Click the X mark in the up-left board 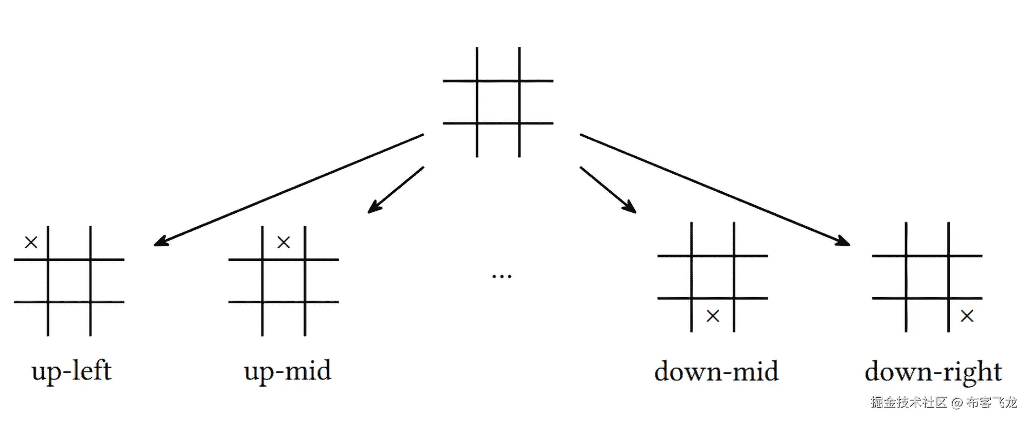31,242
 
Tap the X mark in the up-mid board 283,242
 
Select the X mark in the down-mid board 713,316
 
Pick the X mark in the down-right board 967,316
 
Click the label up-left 71,372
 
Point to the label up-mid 288,372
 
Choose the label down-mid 716,372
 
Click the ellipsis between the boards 502,277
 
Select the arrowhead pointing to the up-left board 161,242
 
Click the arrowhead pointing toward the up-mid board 374,208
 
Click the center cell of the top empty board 498,102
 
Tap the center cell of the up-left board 69,281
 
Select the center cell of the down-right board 927,277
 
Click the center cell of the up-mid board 283,281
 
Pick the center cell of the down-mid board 713,277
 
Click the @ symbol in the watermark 956,402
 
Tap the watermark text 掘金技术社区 909,402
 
